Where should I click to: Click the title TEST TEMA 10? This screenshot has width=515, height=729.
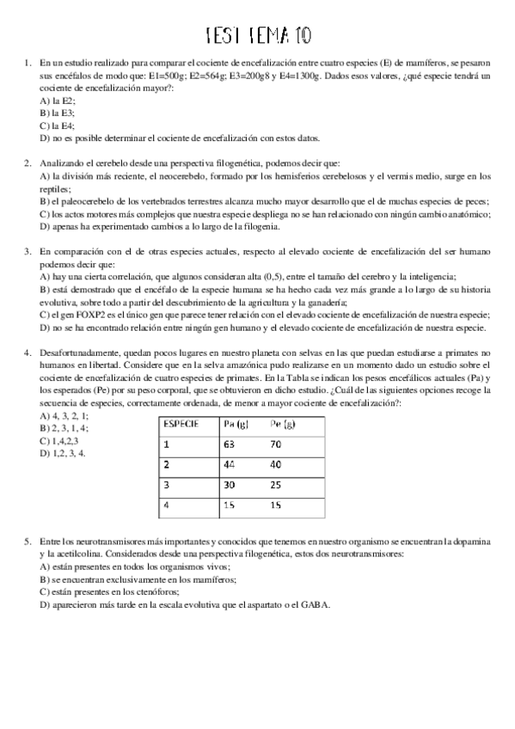pyautogui.click(x=259, y=34)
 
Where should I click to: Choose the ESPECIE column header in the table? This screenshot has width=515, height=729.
pyautogui.click(x=181, y=423)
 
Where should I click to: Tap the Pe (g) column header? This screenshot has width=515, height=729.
pyautogui.click(x=282, y=423)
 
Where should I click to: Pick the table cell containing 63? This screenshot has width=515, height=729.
pyautogui.click(x=229, y=445)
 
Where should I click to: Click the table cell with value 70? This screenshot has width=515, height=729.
pyautogui.click(x=276, y=445)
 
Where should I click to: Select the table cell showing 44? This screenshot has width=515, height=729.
pyautogui.click(x=229, y=465)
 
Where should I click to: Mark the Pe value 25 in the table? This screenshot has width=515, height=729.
pyautogui.click(x=276, y=485)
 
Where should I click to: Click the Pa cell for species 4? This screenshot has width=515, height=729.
pyautogui.click(x=228, y=505)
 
